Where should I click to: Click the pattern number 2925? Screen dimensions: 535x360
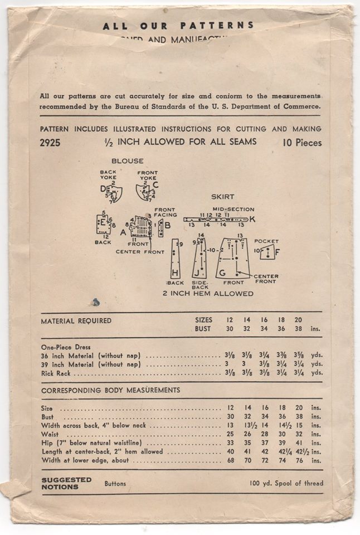pos(50,143)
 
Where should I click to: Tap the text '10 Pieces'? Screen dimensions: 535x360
pos(301,143)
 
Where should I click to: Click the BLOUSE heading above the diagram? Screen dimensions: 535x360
pos(127,161)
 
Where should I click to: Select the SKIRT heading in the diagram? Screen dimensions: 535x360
pos(222,197)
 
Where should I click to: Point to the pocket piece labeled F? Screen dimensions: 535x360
pos(267,252)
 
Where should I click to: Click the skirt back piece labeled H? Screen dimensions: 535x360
pos(175,259)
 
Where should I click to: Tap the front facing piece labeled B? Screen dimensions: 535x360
pos(160,227)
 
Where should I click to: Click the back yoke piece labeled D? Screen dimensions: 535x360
pos(113,192)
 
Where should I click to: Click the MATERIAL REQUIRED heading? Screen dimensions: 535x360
pos(76,321)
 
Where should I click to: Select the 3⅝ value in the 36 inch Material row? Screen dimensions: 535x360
pos(301,355)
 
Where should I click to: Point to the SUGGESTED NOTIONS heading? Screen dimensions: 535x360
pos(66,483)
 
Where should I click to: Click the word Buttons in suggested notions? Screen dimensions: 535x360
pos(115,484)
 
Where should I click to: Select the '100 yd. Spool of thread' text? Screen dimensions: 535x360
pos(286,483)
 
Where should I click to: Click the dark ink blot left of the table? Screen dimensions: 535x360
pos(96,302)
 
